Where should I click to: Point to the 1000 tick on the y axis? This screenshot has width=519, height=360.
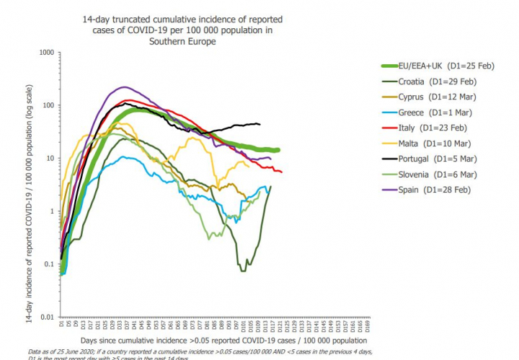[x=47, y=53]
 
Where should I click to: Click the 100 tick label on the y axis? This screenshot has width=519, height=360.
[x=49, y=105]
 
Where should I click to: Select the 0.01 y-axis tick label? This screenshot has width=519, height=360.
[x=48, y=317]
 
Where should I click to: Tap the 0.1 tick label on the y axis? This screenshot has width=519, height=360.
[x=50, y=264]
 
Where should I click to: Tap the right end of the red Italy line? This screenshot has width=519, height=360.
[x=281, y=172]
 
